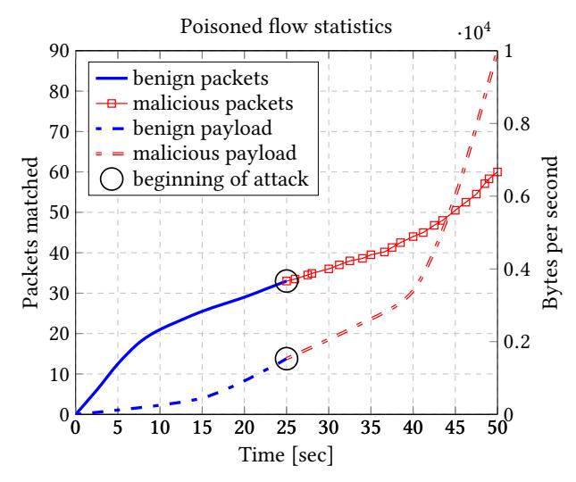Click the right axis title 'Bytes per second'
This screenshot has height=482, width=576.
tap(551, 233)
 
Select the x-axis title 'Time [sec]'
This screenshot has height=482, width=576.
tap(287, 459)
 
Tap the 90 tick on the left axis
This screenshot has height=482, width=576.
tap(58, 51)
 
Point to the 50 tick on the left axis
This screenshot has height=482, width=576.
tap(58, 212)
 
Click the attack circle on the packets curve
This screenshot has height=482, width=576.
tap(287, 281)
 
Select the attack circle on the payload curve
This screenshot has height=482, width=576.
tap(287, 358)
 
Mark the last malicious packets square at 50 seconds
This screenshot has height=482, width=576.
tap(497, 172)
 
